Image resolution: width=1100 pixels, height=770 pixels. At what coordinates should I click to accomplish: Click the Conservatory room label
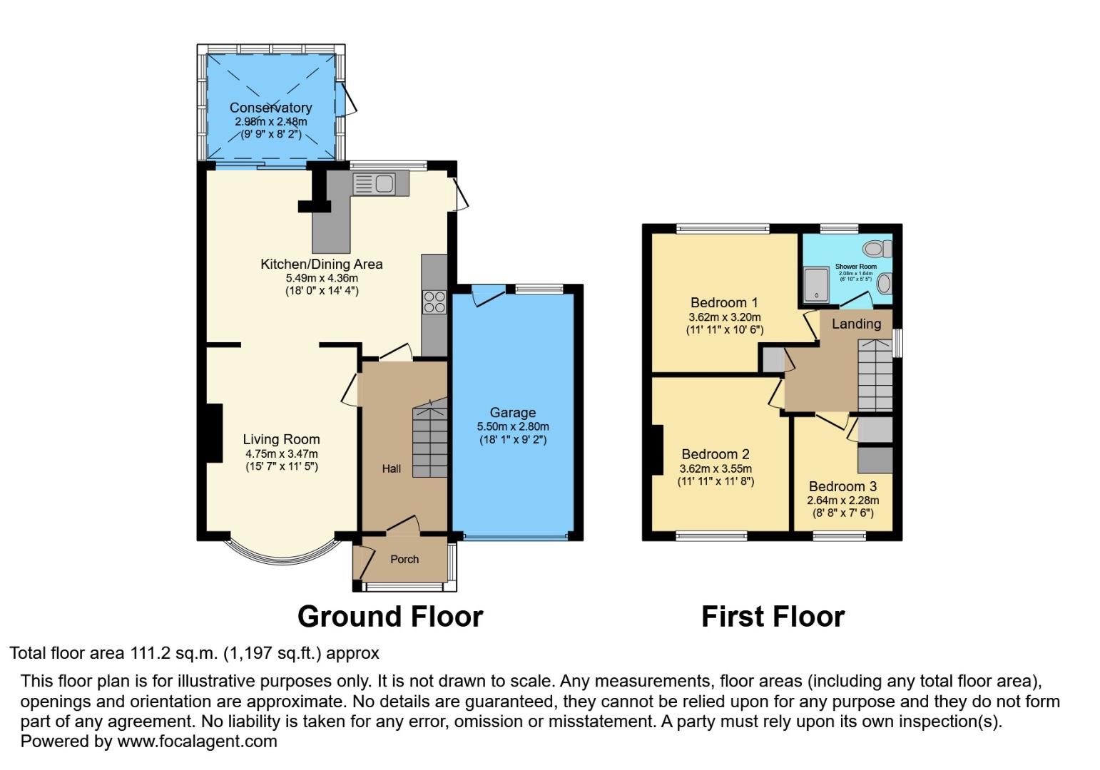(x=270, y=108)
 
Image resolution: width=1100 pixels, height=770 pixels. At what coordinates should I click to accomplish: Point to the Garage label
(x=512, y=412)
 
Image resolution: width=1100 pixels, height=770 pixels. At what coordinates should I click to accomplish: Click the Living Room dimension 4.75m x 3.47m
(x=281, y=453)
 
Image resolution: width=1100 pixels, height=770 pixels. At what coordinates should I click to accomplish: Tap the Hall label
(x=391, y=468)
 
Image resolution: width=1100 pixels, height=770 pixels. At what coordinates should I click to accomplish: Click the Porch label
(x=404, y=559)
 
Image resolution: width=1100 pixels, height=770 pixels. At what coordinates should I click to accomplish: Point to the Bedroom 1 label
(x=724, y=302)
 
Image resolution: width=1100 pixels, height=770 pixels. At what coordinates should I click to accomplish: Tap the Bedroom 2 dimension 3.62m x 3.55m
(x=715, y=468)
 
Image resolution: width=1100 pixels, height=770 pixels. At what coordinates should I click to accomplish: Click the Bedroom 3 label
(x=842, y=487)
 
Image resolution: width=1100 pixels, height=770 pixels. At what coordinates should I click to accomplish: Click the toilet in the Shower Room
(x=876, y=249)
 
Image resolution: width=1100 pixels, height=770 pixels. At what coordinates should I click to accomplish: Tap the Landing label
(x=856, y=324)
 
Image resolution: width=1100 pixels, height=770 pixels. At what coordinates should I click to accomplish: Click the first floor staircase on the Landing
(x=874, y=374)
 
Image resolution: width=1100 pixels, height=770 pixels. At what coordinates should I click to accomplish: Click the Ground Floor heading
(x=389, y=617)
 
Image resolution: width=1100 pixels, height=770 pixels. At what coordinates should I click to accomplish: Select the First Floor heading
(x=773, y=617)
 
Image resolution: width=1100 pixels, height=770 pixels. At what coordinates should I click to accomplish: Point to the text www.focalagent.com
(x=197, y=741)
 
